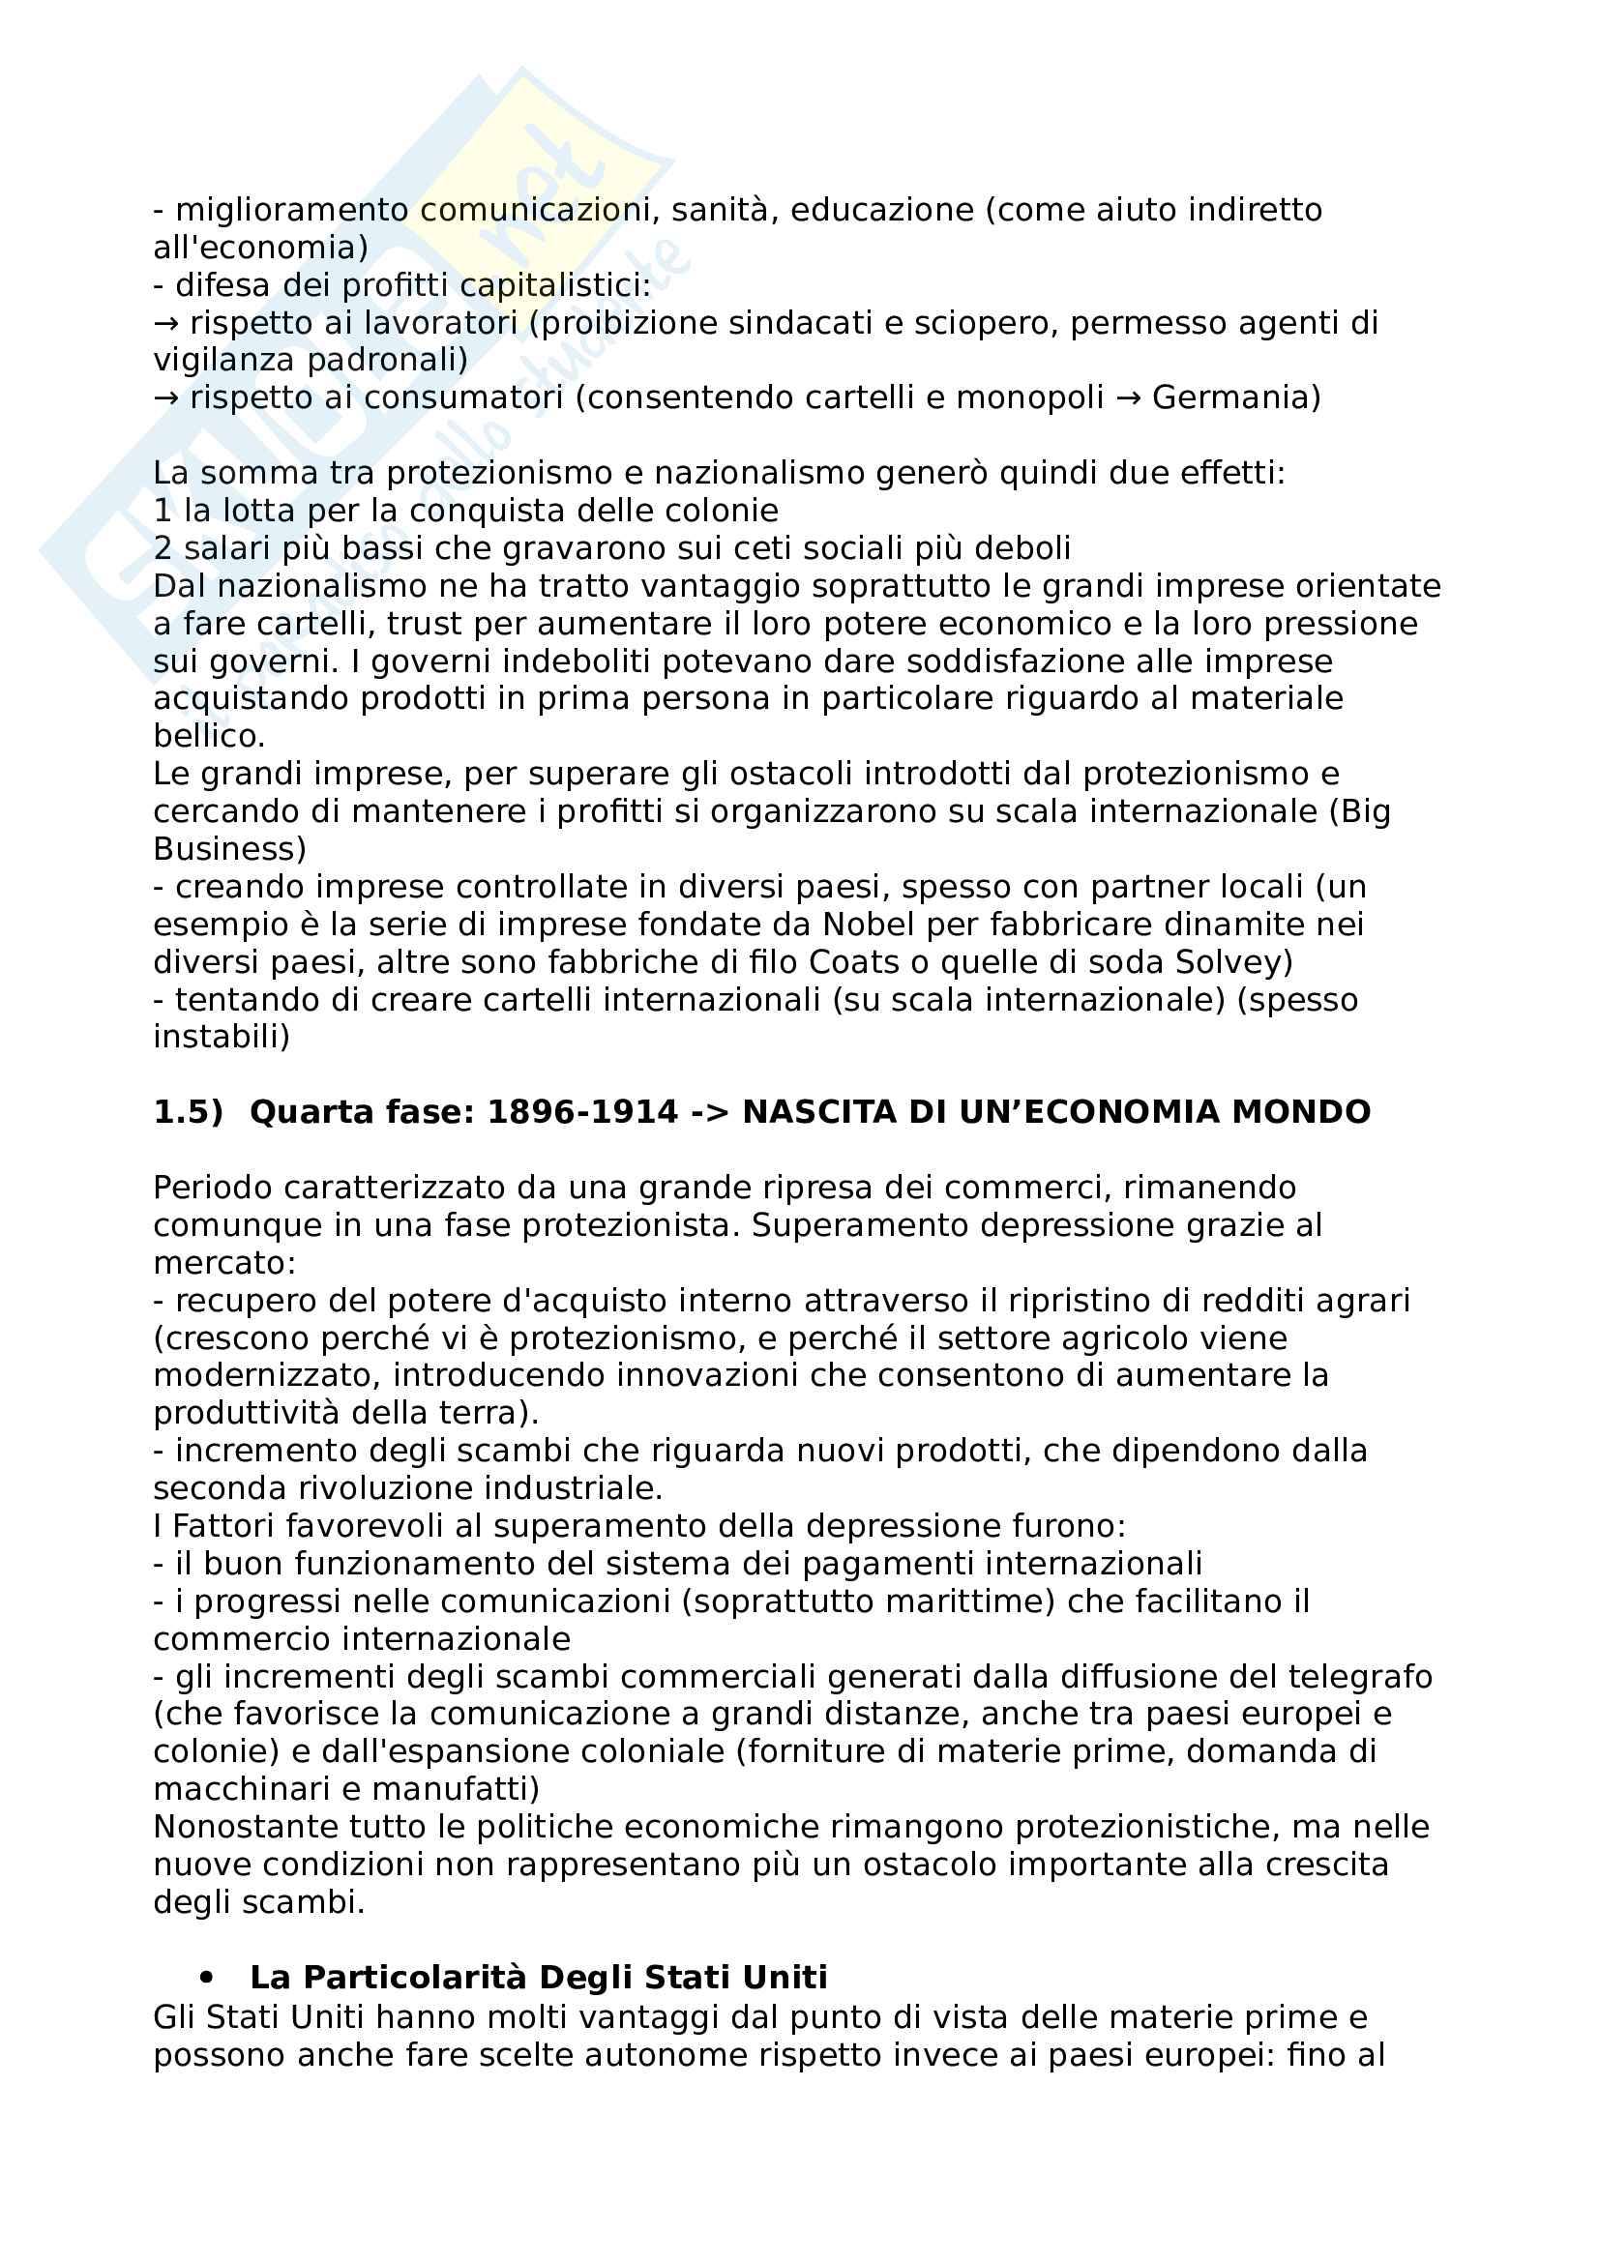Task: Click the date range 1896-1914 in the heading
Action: (582, 1112)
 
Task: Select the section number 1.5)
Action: (189, 1112)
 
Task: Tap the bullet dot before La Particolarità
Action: (206, 1978)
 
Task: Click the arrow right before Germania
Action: (1127, 398)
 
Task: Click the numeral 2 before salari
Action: (163, 548)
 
